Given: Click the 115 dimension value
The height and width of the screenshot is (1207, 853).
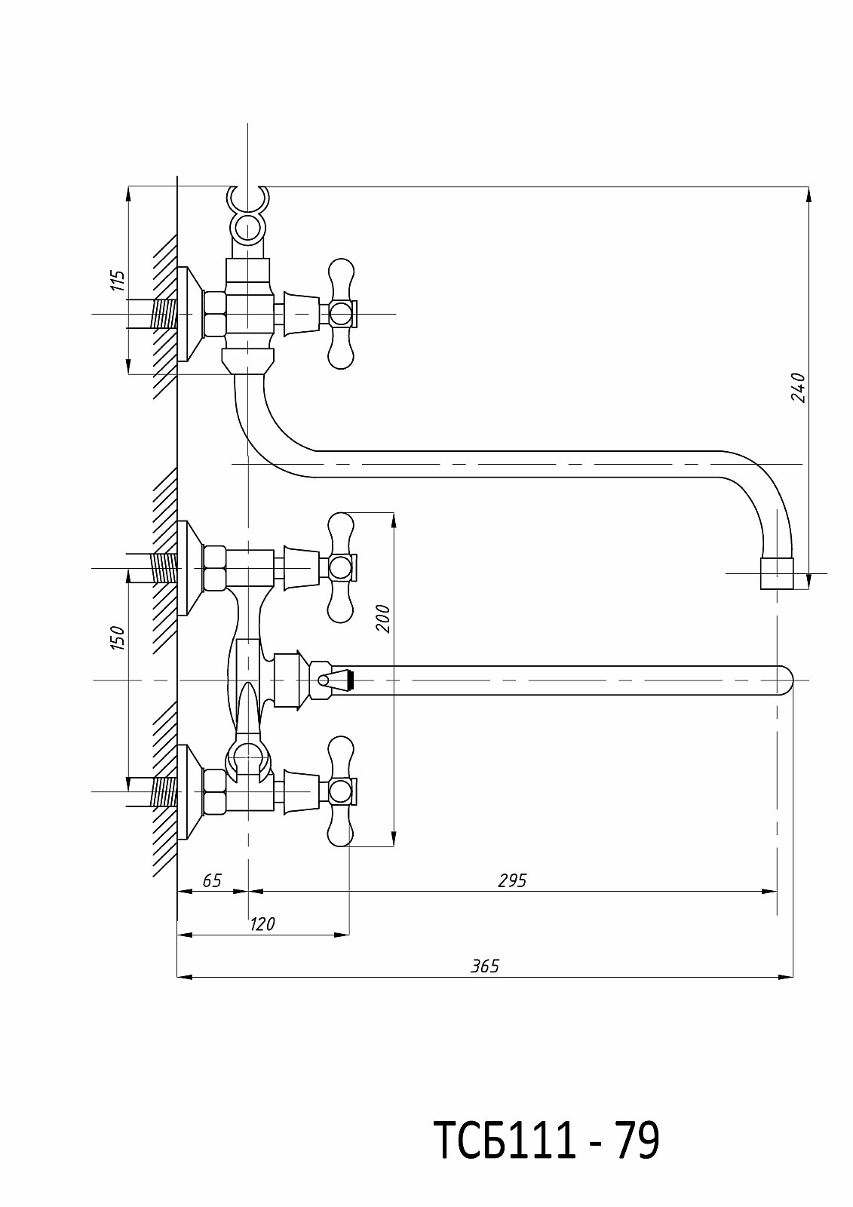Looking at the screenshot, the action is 118,280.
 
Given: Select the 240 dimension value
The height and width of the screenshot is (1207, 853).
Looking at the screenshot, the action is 798,387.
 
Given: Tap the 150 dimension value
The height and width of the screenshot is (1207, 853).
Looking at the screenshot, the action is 118,638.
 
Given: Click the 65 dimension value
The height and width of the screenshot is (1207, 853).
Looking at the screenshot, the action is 212,881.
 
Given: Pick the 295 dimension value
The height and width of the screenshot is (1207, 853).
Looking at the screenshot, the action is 512,881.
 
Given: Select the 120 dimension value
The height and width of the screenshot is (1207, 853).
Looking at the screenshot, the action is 262,925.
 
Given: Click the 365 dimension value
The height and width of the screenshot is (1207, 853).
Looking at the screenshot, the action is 485,966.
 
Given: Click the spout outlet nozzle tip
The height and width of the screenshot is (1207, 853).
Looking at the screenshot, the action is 777,573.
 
